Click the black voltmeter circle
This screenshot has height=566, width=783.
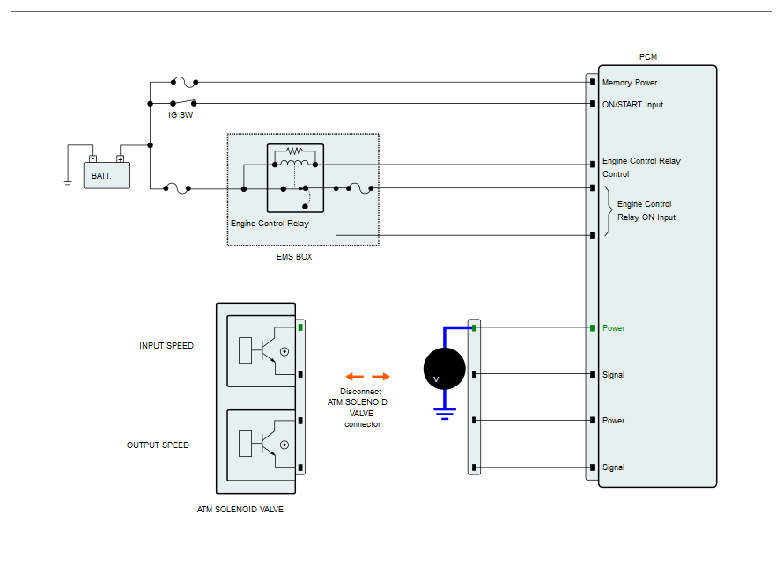point(445,369)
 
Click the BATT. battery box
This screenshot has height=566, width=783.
point(107,176)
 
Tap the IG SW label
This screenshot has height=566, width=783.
point(181,115)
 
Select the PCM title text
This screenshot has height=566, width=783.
point(648,57)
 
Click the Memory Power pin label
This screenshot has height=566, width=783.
point(630,83)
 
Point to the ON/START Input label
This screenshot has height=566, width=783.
point(632,105)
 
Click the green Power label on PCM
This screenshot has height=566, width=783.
point(613,328)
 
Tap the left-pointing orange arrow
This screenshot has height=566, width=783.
point(355,377)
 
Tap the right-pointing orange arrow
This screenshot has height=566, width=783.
point(380,377)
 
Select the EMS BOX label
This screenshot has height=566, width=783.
point(294,256)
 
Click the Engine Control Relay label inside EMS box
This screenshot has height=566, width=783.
point(270,224)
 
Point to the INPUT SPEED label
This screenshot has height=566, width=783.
point(166,345)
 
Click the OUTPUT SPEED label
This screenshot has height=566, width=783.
point(158,445)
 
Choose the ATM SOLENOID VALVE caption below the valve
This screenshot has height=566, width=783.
point(240,509)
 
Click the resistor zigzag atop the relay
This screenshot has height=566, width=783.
point(294,151)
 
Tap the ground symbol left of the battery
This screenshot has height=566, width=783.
point(68,184)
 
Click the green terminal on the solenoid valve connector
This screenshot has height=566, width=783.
point(300,327)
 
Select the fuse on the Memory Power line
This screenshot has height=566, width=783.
point(185,82)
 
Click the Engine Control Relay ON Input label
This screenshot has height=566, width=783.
point(646,210)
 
